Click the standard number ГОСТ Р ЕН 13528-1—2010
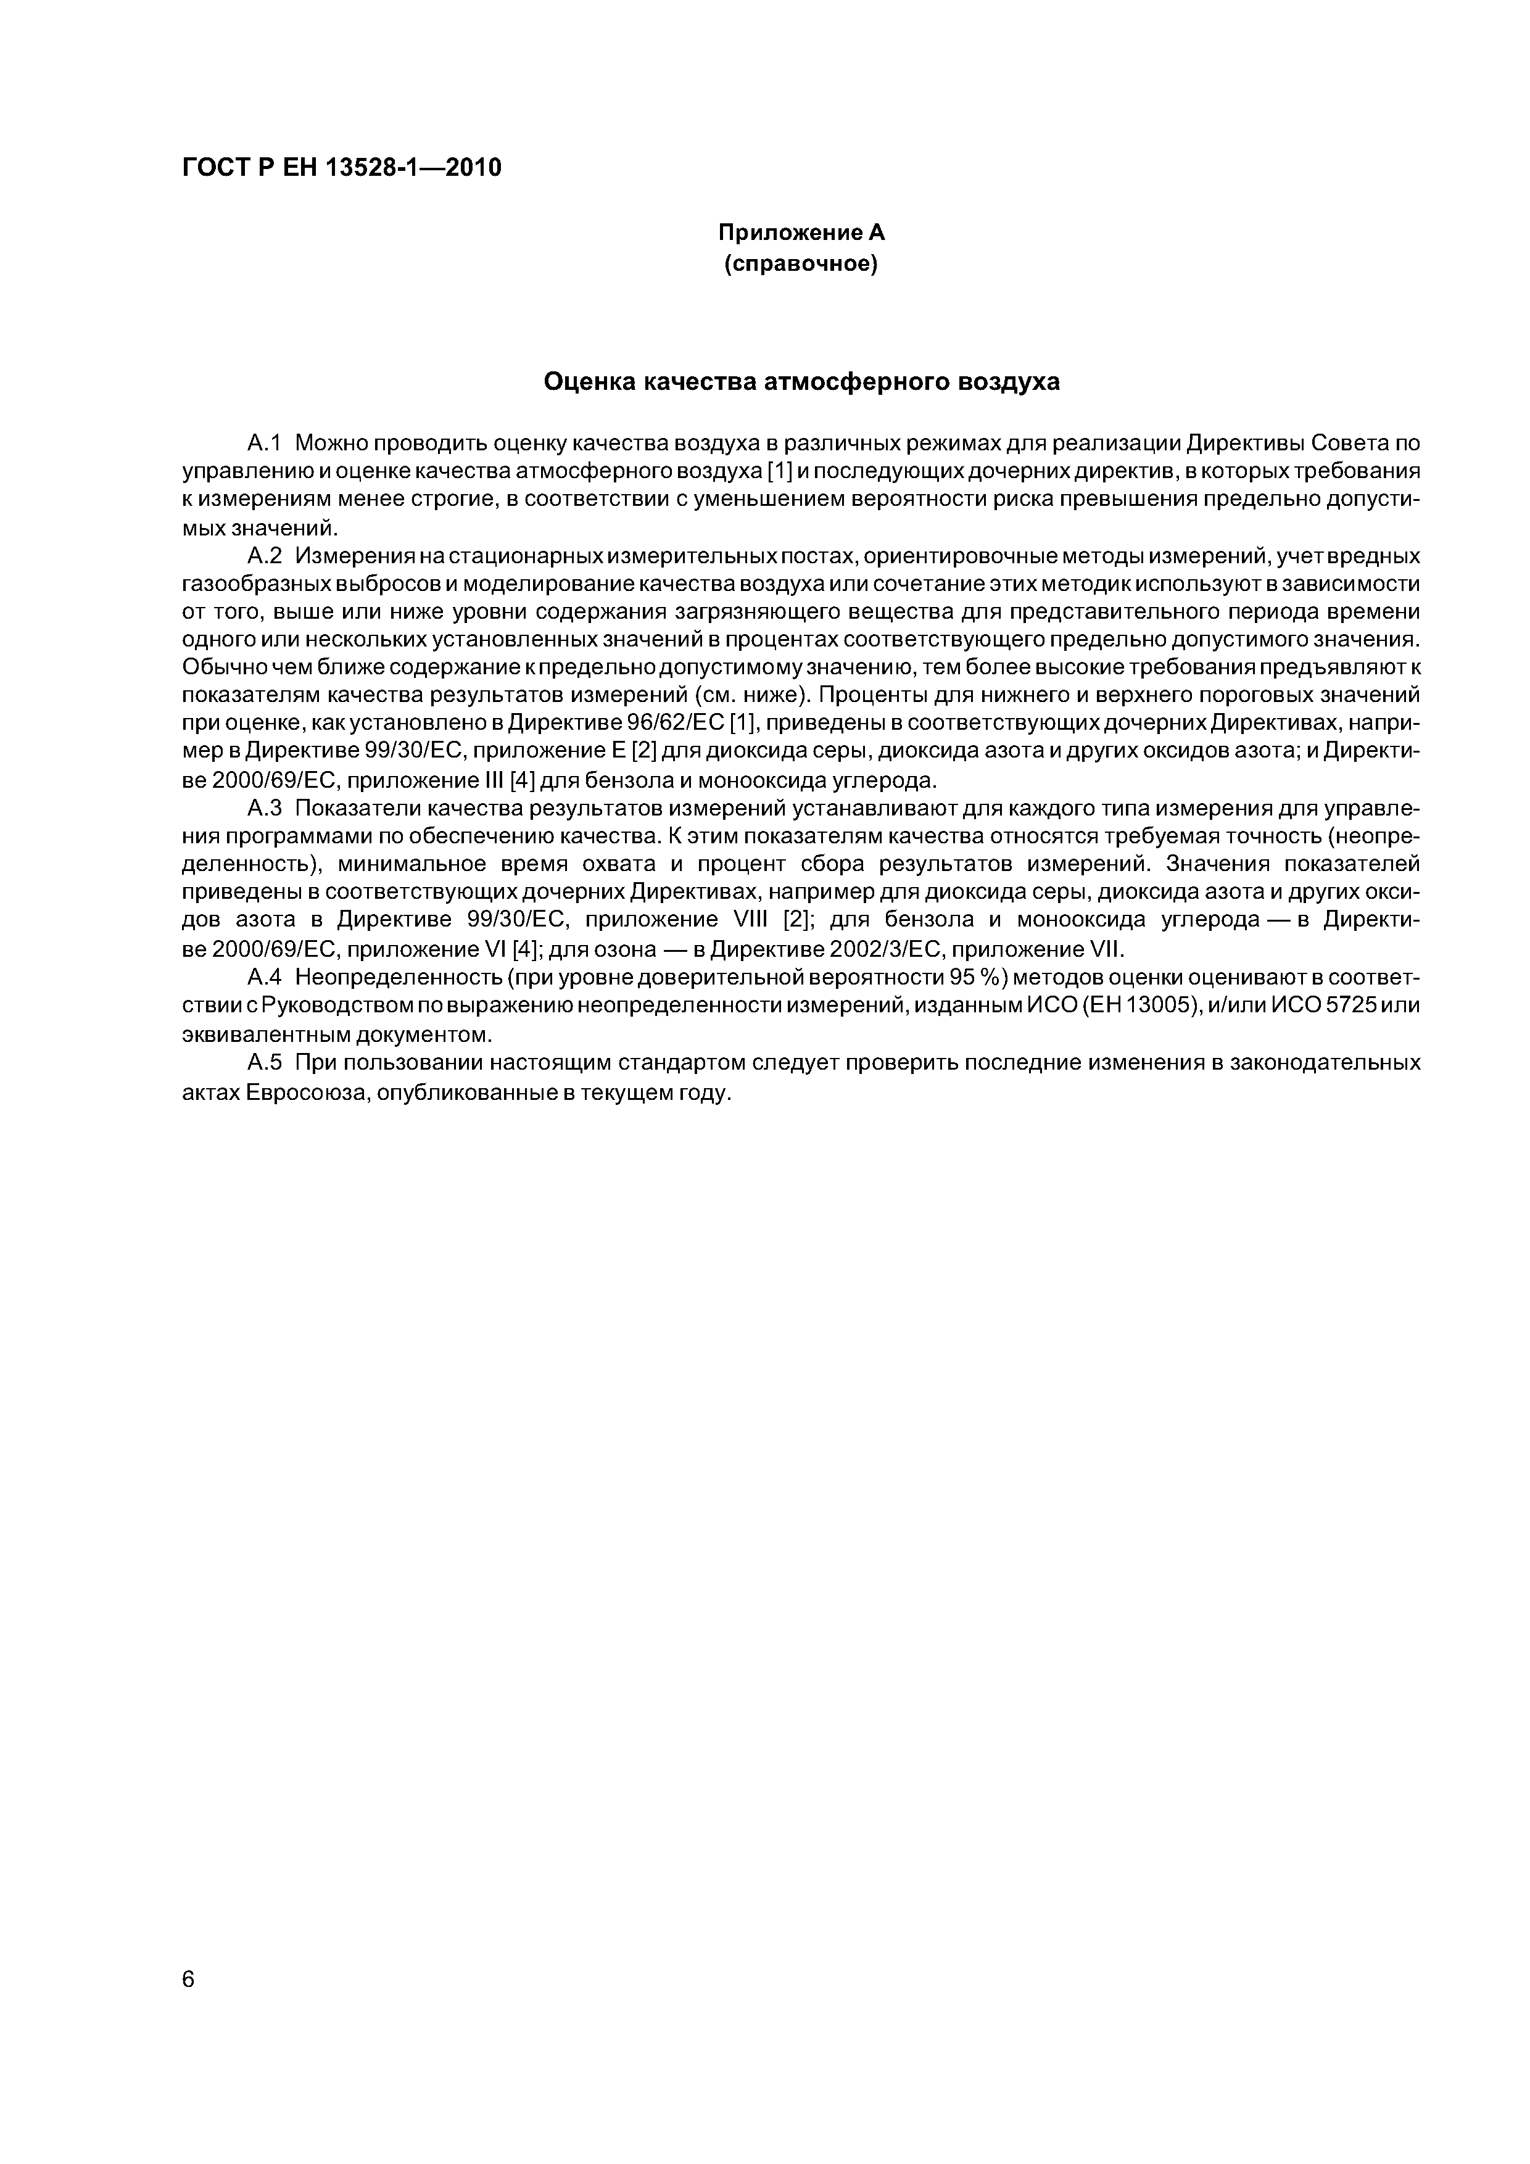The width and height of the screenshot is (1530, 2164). (341, 168)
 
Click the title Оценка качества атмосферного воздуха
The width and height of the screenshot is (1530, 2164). (801, 382)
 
